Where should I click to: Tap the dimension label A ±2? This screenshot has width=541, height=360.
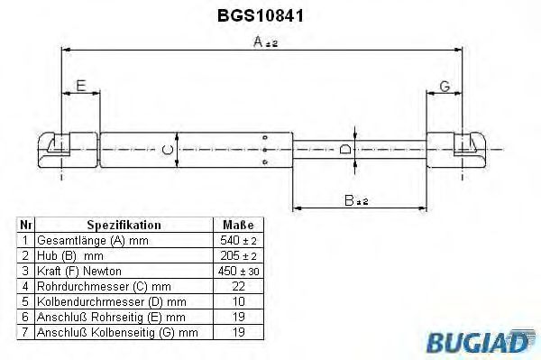click(264, 42)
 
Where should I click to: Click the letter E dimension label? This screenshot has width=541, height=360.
click(80, 87)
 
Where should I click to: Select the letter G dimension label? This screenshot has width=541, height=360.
click(444, 87)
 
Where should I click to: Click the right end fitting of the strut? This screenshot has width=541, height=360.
click(457, 148)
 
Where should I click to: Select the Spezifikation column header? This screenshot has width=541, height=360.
click(124, 225)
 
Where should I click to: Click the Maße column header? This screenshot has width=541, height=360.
click(238, 225)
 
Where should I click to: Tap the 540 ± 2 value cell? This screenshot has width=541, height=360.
click(238, 241)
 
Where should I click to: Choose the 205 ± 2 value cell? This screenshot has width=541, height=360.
click(238, 256)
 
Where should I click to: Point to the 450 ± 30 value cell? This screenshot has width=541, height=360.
click(238, 272)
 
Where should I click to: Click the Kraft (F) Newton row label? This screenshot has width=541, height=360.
click(78, 272)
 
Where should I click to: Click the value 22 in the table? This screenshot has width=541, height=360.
click(238, 287)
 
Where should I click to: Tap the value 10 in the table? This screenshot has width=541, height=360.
click(238, 302)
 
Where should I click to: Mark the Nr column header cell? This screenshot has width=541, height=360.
click(26, 225)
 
